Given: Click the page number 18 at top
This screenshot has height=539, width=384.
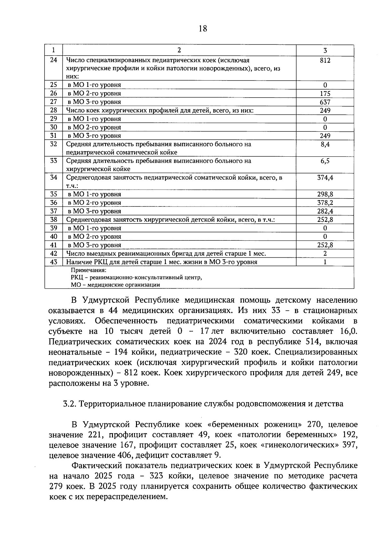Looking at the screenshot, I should coord(203,29).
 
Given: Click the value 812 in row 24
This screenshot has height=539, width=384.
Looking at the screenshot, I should coord(325,60).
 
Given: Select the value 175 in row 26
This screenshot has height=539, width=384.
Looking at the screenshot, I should coord(325,94).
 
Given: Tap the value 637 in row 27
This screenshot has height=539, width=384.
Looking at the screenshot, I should coord(325,102).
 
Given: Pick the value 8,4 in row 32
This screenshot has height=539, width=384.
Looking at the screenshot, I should coord(325,145).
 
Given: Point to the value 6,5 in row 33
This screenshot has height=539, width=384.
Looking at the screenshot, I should coord(325,161).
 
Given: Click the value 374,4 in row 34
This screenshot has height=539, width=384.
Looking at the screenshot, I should coord(325,178).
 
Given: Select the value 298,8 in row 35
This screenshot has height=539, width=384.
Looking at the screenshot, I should coord(325,194).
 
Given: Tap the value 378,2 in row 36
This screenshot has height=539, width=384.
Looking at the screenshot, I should coord(325,203).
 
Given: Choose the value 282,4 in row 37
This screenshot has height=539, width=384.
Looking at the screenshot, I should coord(325,211).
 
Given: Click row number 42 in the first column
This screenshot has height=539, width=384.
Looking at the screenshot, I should coord(53,254).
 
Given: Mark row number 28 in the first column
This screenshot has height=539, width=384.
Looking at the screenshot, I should coord(53,110).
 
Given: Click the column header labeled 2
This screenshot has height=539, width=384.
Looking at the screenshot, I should coord(179,50).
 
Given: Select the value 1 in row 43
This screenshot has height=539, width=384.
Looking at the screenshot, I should coord(325,262).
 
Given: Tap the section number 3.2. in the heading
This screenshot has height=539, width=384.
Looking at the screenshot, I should coord(69,404).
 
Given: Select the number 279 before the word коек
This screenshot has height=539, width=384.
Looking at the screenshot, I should coord(56,487).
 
